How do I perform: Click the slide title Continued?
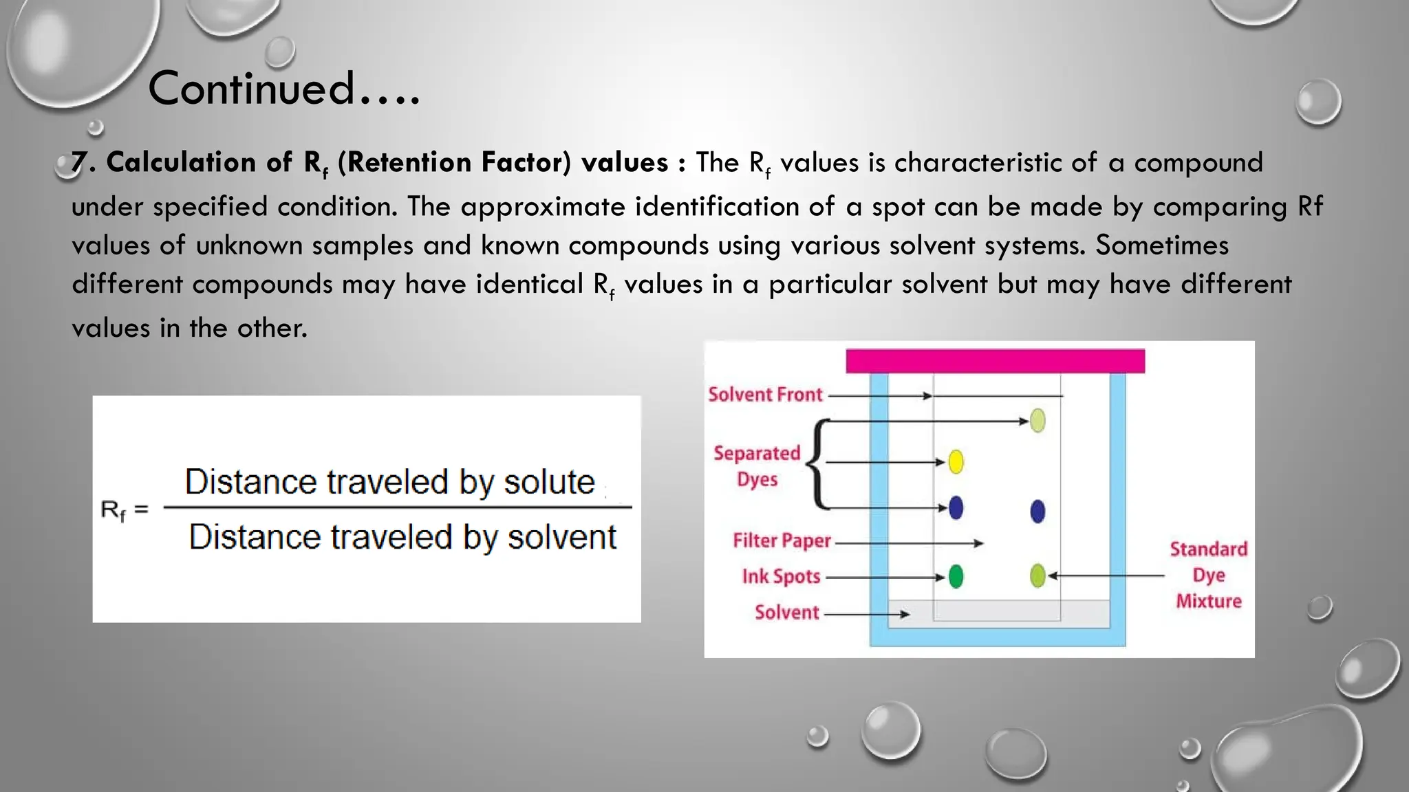click(x=283, y=89)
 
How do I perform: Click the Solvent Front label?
click(x=765, y=395)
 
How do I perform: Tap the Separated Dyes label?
click(x=757, y=466)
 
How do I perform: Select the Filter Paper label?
click(x=782, y=541)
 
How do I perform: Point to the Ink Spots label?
click(x=781, y=576)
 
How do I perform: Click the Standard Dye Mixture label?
click(x=1209, y=575)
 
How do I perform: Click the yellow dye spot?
click(x=956, y=461)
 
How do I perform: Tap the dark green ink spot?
click(x=956, y=576)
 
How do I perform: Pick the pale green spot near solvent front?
click(x=1037, y=420)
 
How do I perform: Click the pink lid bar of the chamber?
click(x=995, y=361)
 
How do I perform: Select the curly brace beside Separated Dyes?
click(x=818, y=464)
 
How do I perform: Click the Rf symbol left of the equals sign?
click(x=113, y=510)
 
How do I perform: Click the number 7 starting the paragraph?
click(x=79, y=163)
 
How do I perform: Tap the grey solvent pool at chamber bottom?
click(x=998, y=612)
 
